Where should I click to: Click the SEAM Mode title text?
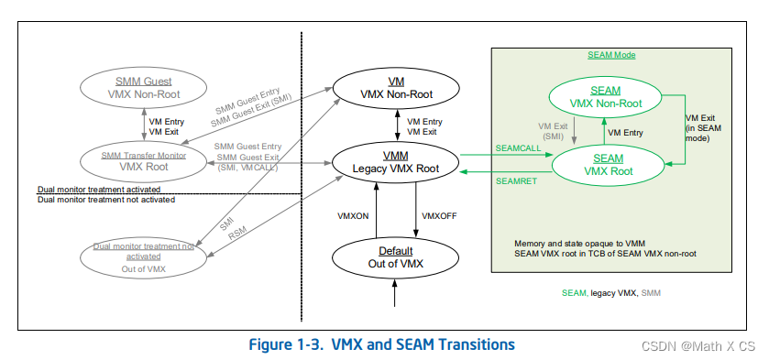pyautogui.click(x=611, y=55)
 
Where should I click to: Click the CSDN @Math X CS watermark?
pyautogui.click(x=705, y=346)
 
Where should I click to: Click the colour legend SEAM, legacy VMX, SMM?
pyautogui.click(x=610, y=292)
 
